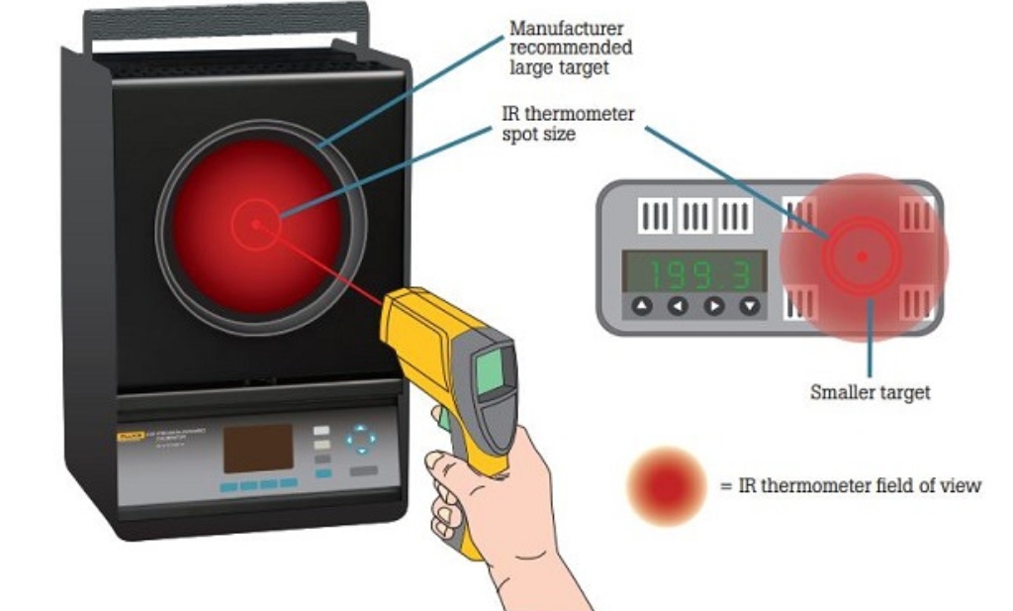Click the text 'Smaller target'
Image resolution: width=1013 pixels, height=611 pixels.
click(x=870, y=393)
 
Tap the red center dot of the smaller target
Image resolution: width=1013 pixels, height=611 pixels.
click(x=862, y=256)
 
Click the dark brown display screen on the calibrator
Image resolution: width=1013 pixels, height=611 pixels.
click(x=257, y=449)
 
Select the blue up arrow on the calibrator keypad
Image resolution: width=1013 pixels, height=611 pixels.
click(x=362, y=429)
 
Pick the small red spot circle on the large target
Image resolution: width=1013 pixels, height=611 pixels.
click(x=255, y=223)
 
